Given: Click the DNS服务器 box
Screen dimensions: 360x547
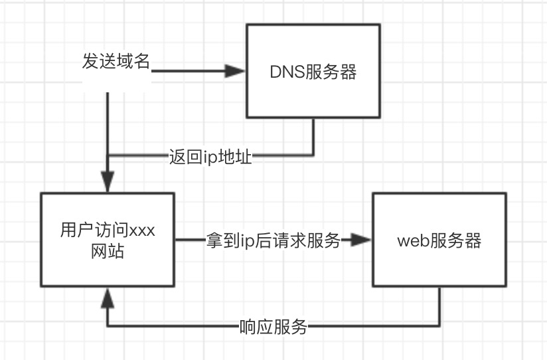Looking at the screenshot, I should click(313, 72).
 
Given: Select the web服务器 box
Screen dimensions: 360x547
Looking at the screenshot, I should click(439, 240).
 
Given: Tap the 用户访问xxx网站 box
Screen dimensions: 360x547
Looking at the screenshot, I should click(108, 240).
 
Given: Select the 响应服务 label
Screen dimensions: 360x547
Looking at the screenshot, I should click(273, 327).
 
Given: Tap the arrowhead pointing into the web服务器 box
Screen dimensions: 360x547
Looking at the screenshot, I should click(360, 240).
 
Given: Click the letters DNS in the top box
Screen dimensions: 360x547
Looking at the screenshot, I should click(285, 72).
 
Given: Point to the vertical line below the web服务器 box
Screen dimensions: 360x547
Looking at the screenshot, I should click(439, 307).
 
